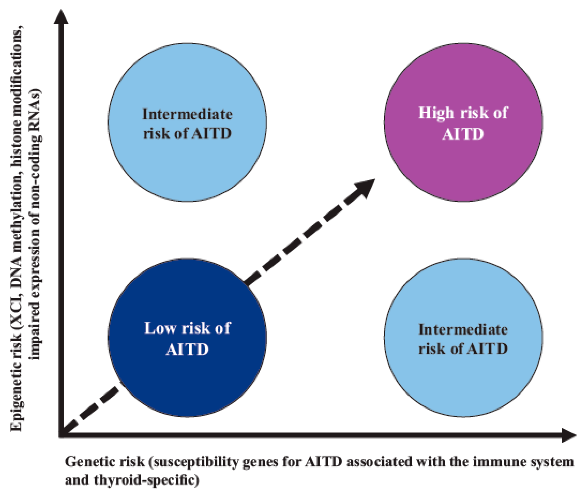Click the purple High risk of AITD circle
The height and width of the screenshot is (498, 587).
click(463, 158)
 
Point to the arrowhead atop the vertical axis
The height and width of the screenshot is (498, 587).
click(61, 17)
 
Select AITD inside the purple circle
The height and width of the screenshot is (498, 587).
click(463, 134)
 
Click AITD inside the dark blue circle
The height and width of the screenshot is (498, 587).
click(187, 350)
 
